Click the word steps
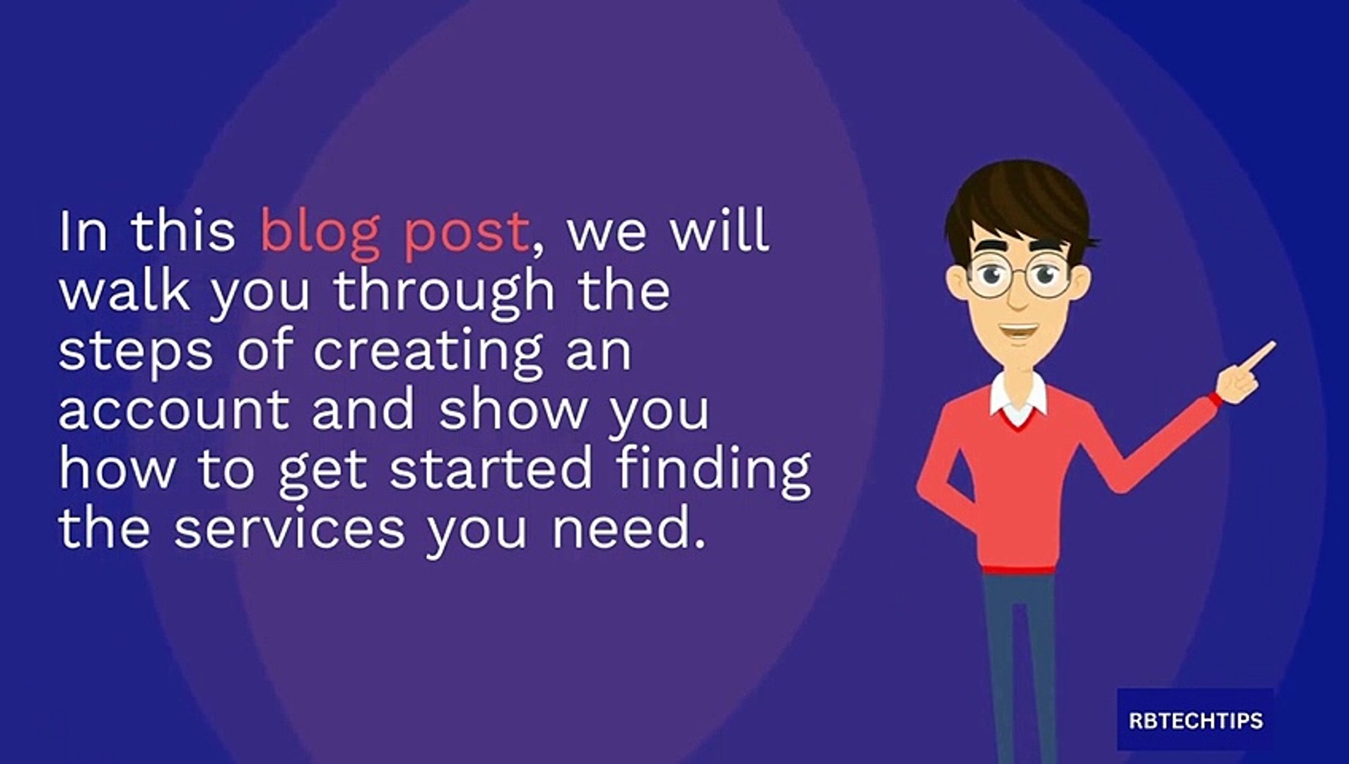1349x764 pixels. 135,352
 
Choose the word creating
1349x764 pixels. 428,352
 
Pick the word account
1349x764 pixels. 174,410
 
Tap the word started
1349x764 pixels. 491,468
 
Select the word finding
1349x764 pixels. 714,470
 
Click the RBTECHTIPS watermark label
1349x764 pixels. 1196,720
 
